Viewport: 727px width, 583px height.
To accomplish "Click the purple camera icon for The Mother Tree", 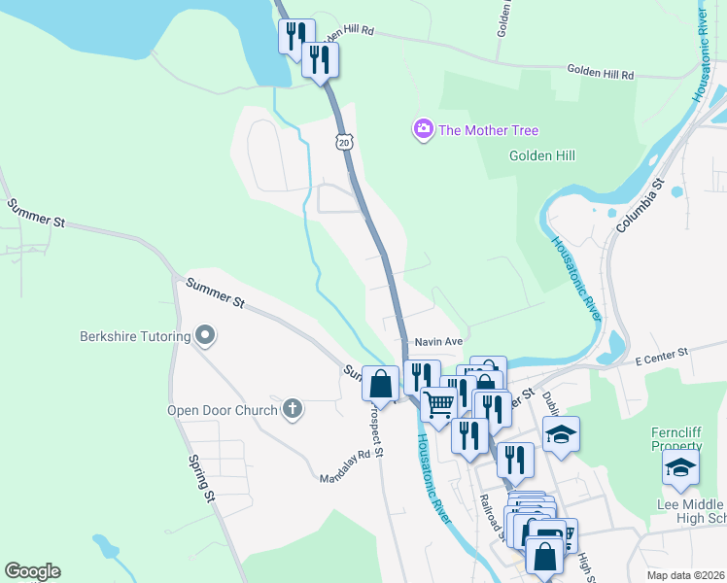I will [423, 130].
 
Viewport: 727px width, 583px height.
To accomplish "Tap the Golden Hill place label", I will [542, 155].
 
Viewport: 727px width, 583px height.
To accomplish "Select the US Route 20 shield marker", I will [344, 142].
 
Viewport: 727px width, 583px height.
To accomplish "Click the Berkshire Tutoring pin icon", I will [204, 337].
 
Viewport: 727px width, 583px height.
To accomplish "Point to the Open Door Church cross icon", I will [292, 409].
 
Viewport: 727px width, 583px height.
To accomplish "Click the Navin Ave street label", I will [437, 342].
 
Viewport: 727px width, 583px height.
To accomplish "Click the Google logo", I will [32, 571].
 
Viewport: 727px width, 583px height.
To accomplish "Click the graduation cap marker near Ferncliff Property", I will [680, 467].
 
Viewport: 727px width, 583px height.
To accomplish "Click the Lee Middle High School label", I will [691, 511].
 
